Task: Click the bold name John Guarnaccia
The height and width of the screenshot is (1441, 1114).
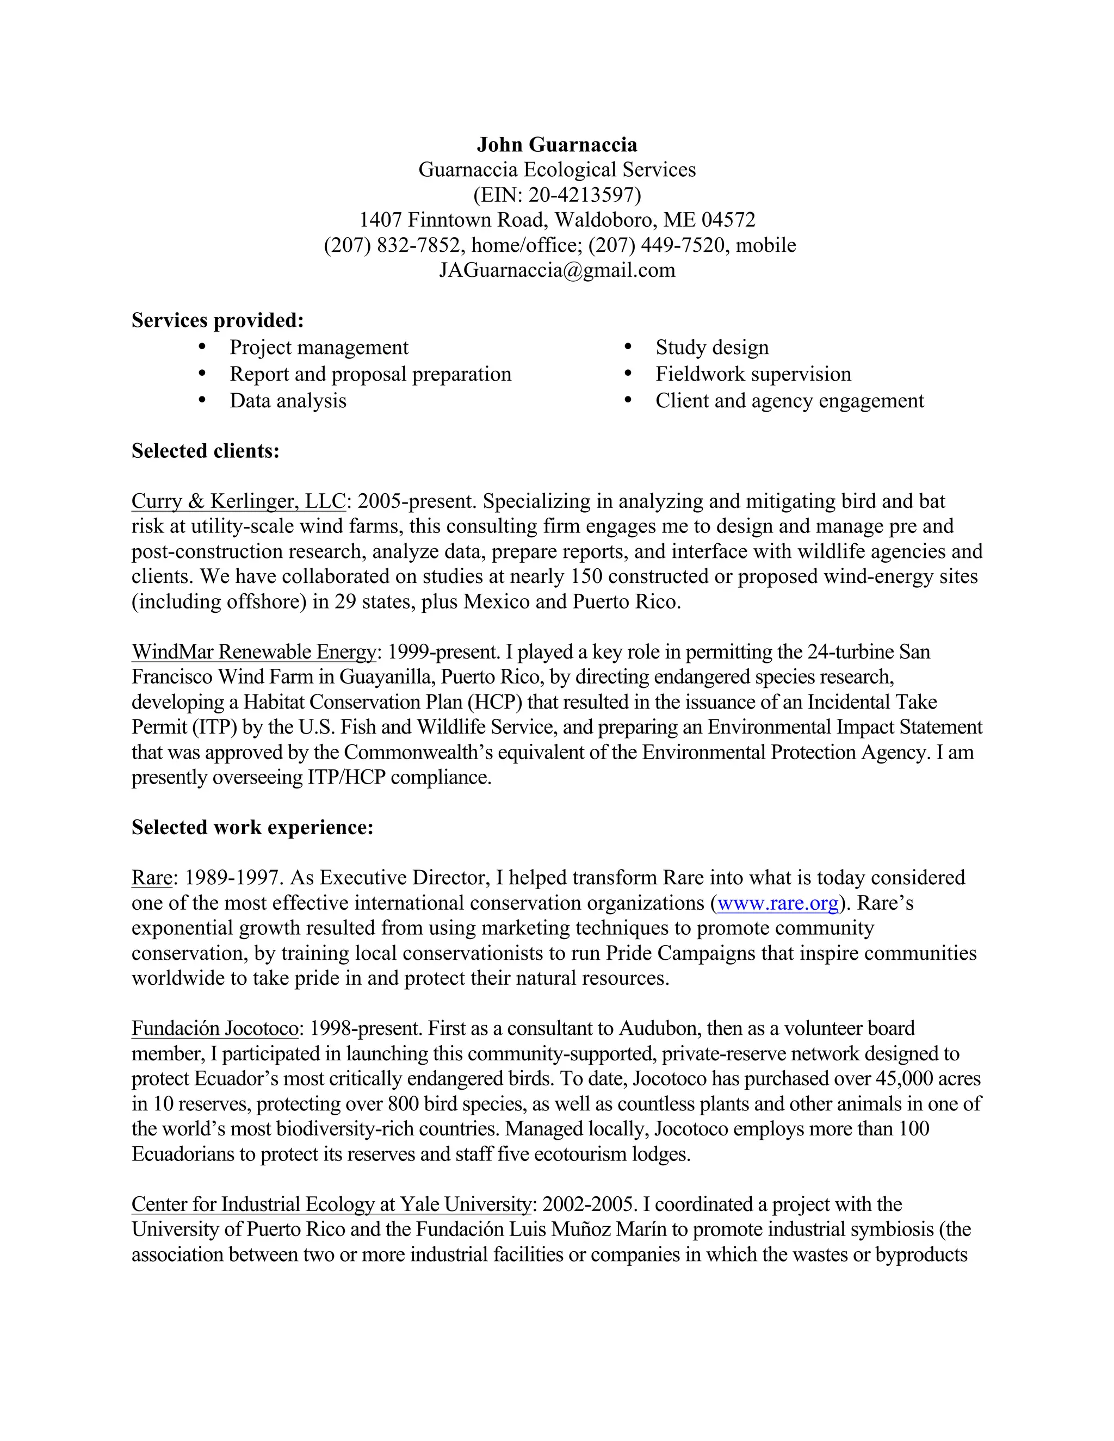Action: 557,145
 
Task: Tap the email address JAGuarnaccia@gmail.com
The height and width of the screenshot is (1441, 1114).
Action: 557,270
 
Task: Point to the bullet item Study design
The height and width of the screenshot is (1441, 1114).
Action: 711,347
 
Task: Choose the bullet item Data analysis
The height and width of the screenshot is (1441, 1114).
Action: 288,401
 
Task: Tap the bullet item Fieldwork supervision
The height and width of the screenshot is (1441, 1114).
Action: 753,374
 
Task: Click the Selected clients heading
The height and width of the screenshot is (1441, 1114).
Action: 205,451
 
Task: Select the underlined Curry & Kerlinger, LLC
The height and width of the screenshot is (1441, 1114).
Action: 238,501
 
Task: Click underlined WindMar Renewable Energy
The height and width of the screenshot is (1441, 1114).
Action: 253,651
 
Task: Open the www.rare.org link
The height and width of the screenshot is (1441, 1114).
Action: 777,903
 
